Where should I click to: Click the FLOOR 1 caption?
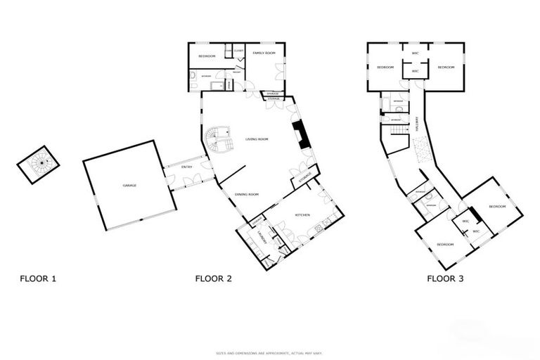click(37, 278)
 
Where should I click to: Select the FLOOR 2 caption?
click(213, 278)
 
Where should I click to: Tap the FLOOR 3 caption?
click(445, 278)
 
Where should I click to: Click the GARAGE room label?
click(129, 186)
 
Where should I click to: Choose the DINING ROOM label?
click(247, 194)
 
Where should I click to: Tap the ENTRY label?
click(187, 167)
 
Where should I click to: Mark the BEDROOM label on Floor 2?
click(206, 56)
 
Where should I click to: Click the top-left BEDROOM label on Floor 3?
click(385, 67)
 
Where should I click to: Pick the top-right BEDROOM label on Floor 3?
click(446, 67)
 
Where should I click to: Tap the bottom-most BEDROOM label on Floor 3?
click(444, 244)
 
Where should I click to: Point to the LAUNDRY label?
click(260, 237)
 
